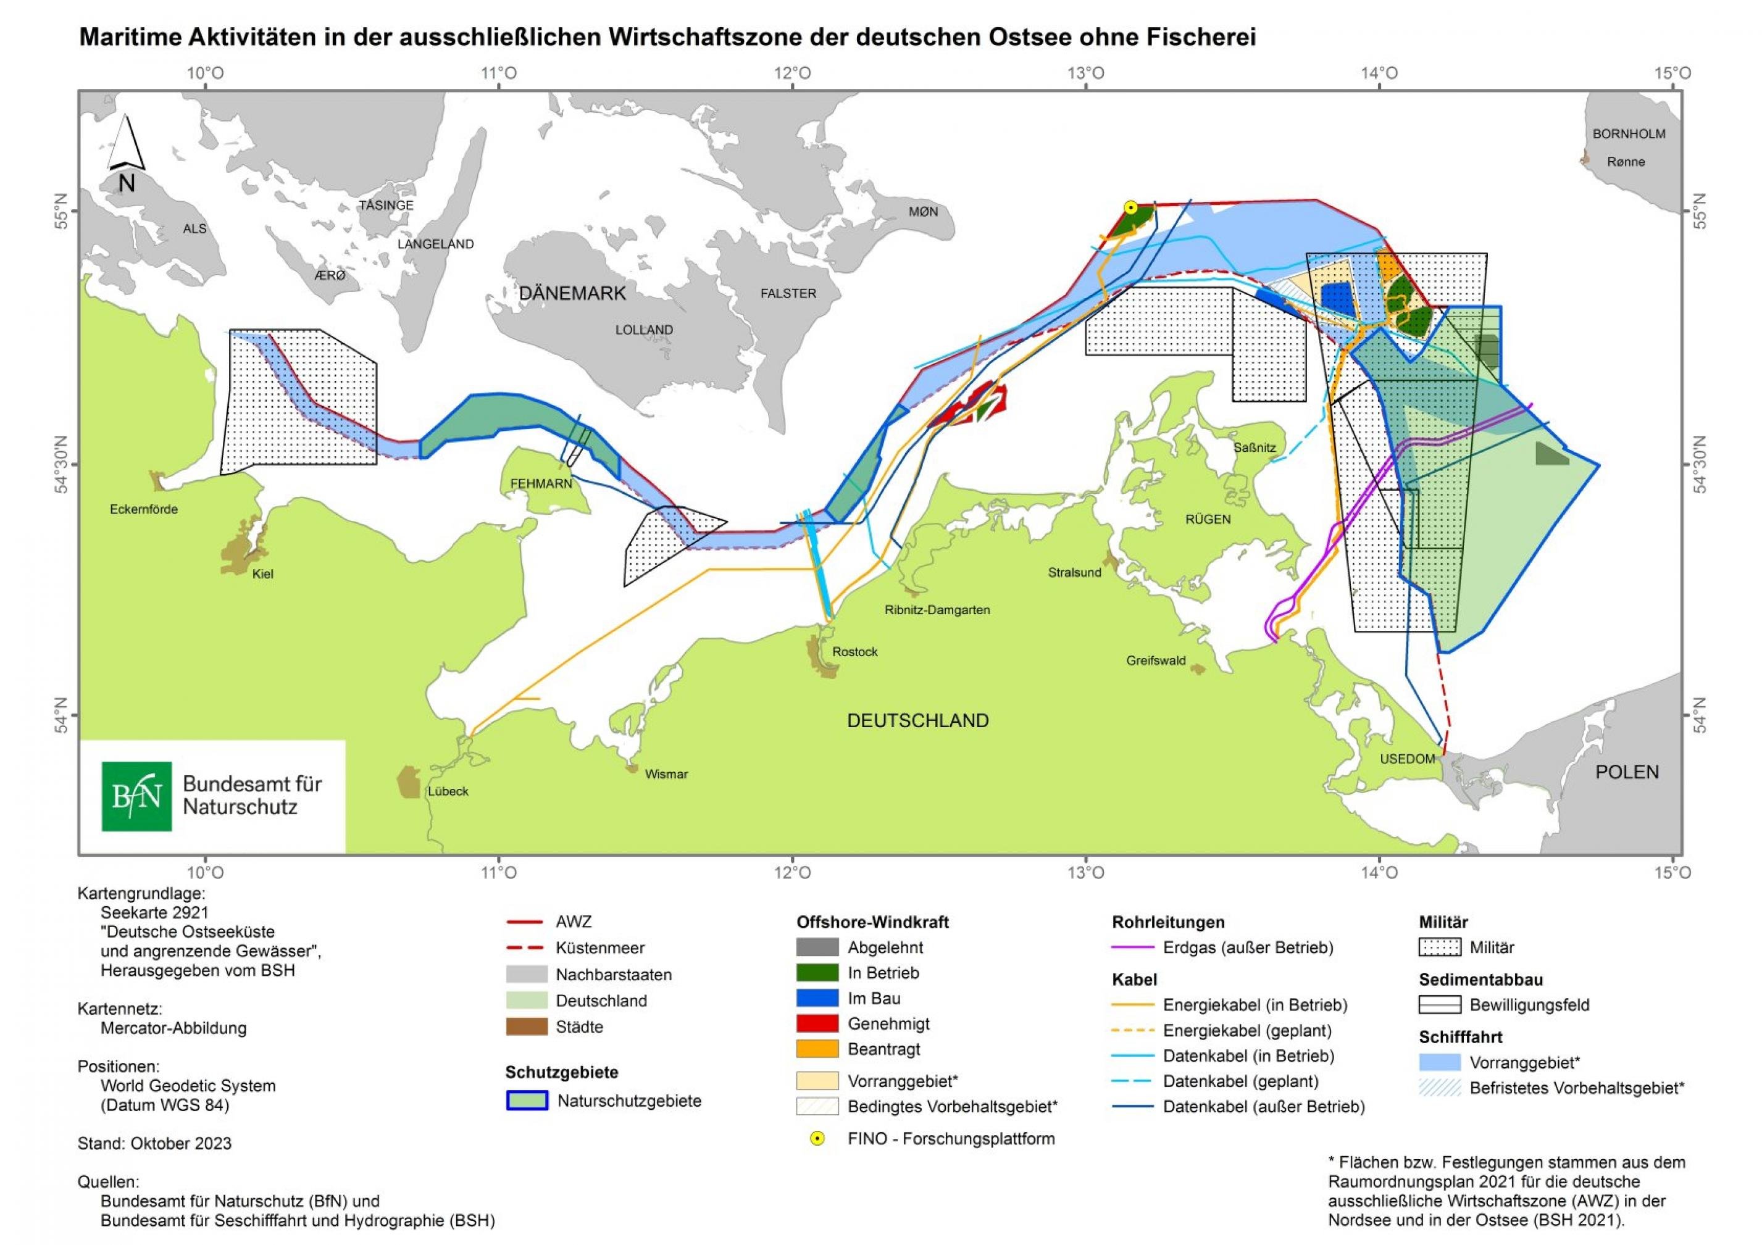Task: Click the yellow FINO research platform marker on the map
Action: tap(1130, 207)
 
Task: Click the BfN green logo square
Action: tap(136, 796)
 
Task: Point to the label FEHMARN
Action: tap(541, 483)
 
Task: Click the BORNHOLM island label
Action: tap(1629, 133)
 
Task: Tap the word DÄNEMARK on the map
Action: tap(572, 293)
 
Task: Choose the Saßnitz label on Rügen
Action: tap(1254, 448)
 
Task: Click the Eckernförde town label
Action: tap(143, 509)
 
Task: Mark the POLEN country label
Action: tap(1626, 772)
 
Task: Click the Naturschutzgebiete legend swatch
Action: tap(527, 1101)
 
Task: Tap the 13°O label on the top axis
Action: tap(1085, 73)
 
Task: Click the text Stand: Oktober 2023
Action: tap(154, 1143)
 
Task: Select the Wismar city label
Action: tap(666, 774)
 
